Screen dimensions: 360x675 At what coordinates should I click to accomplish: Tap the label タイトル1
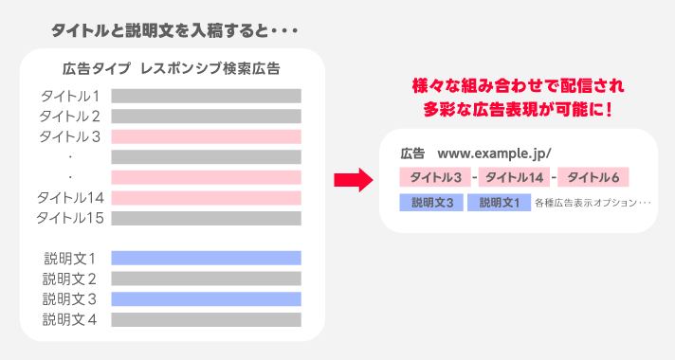69,96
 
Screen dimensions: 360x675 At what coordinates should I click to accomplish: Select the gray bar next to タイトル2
206,117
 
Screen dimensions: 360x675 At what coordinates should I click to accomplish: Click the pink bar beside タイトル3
206,136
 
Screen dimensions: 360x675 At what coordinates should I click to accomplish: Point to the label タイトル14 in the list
69,198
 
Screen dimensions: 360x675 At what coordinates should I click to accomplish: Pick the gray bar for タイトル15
206,218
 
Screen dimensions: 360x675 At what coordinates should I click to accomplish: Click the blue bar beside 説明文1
206,258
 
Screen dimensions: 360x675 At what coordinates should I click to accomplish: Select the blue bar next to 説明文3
206,298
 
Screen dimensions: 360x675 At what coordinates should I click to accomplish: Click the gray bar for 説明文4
206,319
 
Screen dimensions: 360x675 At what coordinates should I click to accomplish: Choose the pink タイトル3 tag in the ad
433,178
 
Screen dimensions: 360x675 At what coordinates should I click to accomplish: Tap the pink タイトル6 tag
594,178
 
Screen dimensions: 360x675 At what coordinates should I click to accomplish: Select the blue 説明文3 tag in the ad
431,203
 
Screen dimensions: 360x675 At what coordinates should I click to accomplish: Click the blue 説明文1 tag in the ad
499,203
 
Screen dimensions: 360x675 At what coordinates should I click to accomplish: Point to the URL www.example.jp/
494,153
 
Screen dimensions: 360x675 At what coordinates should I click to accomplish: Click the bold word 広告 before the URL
412,153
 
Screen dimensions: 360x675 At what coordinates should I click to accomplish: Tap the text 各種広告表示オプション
593,203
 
